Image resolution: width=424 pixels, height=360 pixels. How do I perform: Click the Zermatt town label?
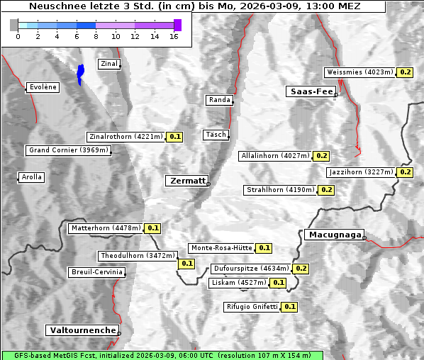[x=187, y=181]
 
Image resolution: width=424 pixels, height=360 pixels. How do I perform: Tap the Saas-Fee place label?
[x=311, y=91]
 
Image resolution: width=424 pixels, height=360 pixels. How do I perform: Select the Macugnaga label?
[x=334, y=235]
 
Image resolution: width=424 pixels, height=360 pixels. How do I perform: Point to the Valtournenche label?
[x=82, y=330]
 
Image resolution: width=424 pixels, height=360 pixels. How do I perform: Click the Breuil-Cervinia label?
[x=97, y=272]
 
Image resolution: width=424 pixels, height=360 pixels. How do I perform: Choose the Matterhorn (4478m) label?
[x=106, y=228]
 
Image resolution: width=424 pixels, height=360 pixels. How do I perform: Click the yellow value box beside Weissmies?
[x=405, y=72]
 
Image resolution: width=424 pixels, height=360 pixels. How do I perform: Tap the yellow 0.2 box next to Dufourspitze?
[x=301, y=269]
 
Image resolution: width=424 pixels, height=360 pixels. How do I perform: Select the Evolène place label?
[x=43, y=87]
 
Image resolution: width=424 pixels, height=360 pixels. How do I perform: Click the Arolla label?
[x=31, y=177]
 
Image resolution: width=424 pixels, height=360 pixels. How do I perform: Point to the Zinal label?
[x=109, y=64]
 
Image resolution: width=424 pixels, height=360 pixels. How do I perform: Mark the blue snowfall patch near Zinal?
[x=80, y=74]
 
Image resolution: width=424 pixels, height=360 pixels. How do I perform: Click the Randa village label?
[x=219, y=100]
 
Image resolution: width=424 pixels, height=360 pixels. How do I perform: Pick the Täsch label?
[x=215, y=135]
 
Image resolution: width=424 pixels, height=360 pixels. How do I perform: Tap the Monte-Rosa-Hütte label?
[x=221, y=248]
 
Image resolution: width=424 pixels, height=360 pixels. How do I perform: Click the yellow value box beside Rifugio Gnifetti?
[x=289, y=307]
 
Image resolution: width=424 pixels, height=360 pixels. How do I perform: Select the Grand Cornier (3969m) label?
[x=68, y=150]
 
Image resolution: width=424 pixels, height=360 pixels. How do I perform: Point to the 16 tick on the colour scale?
[x=174, y=36]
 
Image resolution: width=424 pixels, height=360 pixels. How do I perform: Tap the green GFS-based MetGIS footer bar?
[x=162, y=355]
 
